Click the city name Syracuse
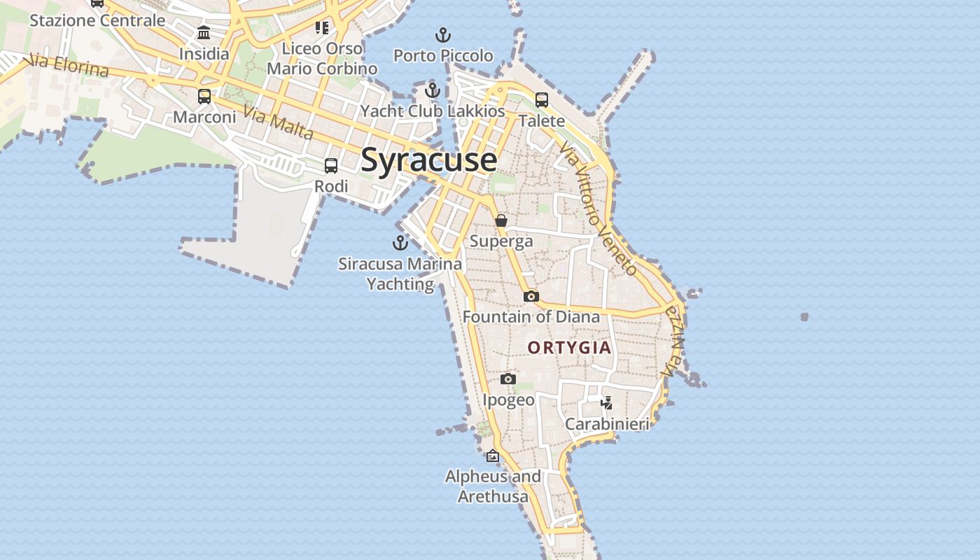(428, 160)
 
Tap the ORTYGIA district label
(569, 347)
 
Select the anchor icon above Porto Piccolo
(442, 34)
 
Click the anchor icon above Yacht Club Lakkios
(433, 90)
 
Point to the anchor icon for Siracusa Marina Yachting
(400, 243)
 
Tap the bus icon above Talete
(542, 100)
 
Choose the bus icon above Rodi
(331, 166)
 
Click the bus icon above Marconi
(204, 97)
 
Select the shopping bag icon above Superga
(501, 220)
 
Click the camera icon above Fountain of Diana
(531, 296)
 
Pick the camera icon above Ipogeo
(508, 379)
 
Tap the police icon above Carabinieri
(607, 403)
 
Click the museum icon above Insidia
(204, 32)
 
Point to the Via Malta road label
(278, 122)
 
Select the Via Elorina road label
(69, 65)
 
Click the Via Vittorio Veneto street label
(598, 208)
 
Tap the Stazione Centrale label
(97, 20)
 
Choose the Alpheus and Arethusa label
(493, 486)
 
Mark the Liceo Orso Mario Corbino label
(322, 58)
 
